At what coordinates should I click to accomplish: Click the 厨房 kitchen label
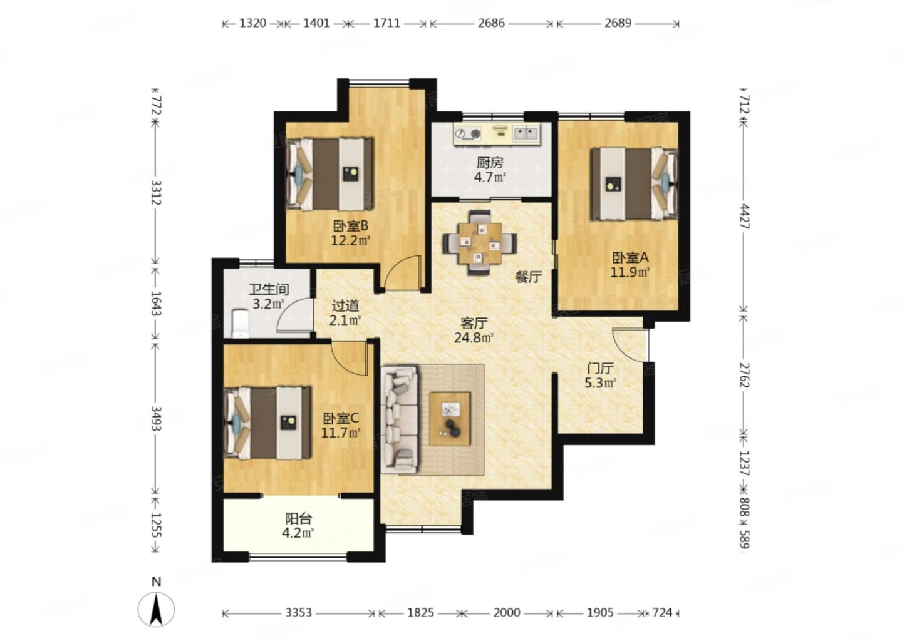[490, 163]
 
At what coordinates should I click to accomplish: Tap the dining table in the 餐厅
[480, 243]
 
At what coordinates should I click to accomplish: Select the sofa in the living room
[399, 419]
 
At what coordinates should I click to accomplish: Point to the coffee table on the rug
[450, 419]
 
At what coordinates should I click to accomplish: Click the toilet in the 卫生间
[241, 323]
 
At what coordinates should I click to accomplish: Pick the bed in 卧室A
[635, 184]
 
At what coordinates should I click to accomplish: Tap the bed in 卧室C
[267, 423]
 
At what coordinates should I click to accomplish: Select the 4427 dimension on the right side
[745, 217]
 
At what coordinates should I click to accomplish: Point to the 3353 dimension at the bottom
[299, 612]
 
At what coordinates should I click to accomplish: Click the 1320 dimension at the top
[253, 23]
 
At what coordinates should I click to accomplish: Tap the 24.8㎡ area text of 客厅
[474, 337]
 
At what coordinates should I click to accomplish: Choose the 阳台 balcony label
[298, 519]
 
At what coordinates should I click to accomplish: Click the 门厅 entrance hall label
[600, 368]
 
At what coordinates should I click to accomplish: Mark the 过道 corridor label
[345, 306]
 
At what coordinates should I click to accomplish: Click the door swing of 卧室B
[403, 272]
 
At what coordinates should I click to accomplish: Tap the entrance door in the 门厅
[631, 345]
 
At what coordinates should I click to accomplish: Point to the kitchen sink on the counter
[526, 133]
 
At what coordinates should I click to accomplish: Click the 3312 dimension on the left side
[156, 192]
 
